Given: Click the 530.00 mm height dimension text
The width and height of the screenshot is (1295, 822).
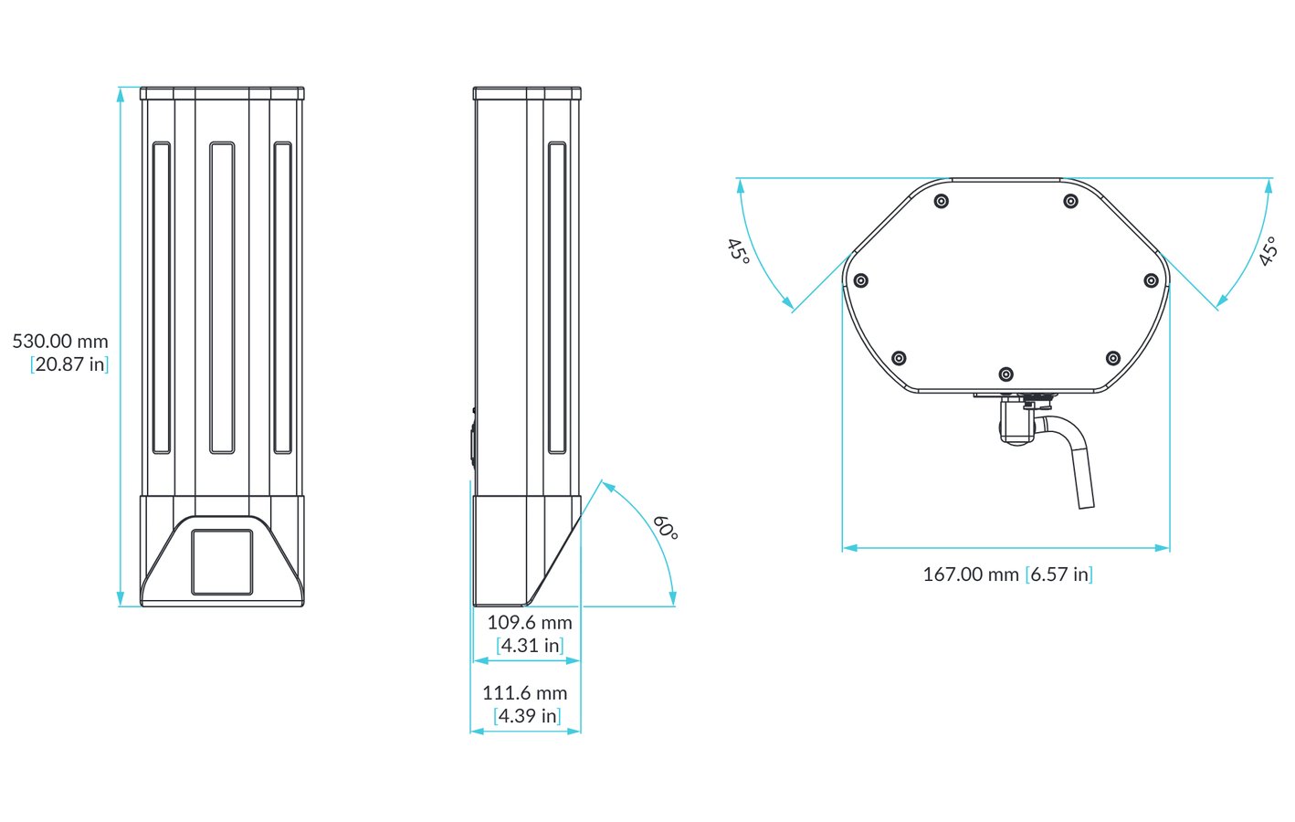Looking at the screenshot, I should (x=60, y=342).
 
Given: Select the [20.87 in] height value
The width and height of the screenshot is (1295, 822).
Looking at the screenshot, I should (x=69, y=364).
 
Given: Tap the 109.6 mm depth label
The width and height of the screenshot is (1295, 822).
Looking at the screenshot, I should (x=530, y=623).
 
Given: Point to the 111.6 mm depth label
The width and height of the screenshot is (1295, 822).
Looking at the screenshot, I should (x=525, y=693).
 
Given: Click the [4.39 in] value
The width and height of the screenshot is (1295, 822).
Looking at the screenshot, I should (x=527, y=716).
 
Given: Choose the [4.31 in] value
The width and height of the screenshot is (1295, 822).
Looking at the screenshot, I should (x=530, y=646).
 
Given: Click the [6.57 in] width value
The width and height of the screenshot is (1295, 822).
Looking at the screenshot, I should (x=1059, y=574).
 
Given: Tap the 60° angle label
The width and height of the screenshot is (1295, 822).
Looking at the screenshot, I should (x=666, y=528).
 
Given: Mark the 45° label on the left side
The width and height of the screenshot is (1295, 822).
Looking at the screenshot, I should (x=738, y=250).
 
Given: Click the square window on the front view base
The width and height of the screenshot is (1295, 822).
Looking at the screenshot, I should (x=222, y=562).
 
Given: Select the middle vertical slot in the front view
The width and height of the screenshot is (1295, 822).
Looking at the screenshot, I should (x=222, y=298).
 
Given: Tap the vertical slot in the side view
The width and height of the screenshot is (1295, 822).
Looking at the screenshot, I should (x=556, y=298).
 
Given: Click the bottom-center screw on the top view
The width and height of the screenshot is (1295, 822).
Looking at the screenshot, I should (x=1005, y=374).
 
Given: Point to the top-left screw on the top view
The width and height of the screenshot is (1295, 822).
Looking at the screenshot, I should (x=942, y=201).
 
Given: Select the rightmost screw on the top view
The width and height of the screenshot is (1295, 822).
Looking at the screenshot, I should (x=1151, y=281).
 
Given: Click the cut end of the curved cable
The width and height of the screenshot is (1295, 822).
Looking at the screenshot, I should (x=1086, y=503).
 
